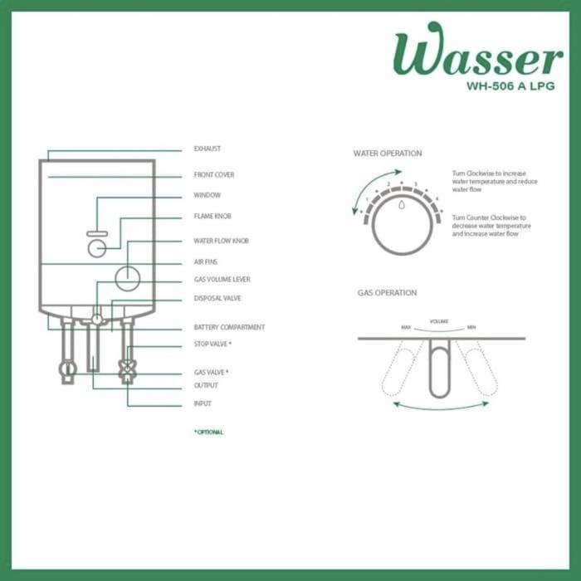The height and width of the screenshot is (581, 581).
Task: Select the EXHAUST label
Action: (207, 149)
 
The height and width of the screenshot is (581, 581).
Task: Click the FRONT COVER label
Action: (214, 175)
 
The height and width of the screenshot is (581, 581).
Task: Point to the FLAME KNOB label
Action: (212, 216)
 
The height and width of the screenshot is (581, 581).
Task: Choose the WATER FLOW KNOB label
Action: (221, 241)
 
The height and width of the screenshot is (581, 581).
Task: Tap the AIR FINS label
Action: (206, 261)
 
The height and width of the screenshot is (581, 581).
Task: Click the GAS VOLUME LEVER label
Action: (222, 280)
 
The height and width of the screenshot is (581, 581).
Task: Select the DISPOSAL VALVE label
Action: (217, 298)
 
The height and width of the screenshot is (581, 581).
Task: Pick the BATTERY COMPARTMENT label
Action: (229, 327)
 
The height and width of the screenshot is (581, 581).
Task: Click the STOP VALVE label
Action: (212, 344)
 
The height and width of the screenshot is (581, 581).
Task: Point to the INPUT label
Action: (203, 403)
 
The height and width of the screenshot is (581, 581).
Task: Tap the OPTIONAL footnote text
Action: (208, 432)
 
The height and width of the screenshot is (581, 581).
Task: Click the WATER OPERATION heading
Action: (388, 154)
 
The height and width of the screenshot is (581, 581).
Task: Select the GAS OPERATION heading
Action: (388, 293)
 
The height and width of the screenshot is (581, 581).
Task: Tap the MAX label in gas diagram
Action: (406, 327)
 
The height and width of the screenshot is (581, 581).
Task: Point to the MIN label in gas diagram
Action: (471, 327)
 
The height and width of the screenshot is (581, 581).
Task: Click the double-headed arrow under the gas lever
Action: (440, 405)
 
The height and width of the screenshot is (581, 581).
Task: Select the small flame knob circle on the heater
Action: (97, 248)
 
